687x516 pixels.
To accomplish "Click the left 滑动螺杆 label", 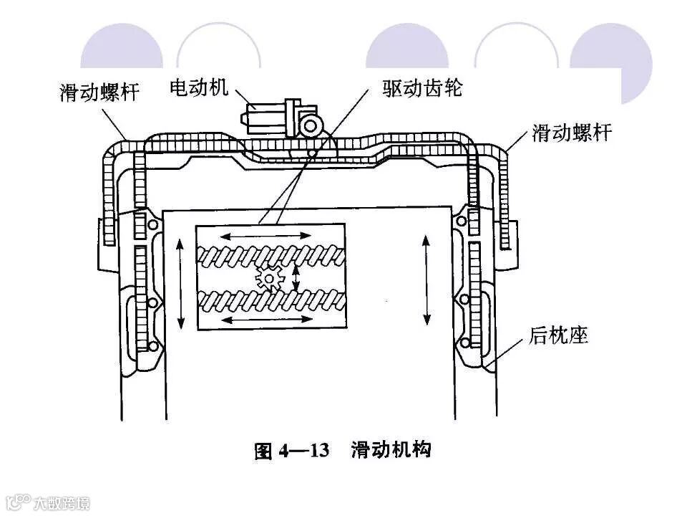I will [x=99, y=92].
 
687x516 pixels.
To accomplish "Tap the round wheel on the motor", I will [x=310, y=126].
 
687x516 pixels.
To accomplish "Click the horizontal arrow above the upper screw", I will [x=265, y=235].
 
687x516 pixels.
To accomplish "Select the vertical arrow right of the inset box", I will [x=427, y=279].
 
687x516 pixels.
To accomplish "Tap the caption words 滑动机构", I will [x=390, y=451].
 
